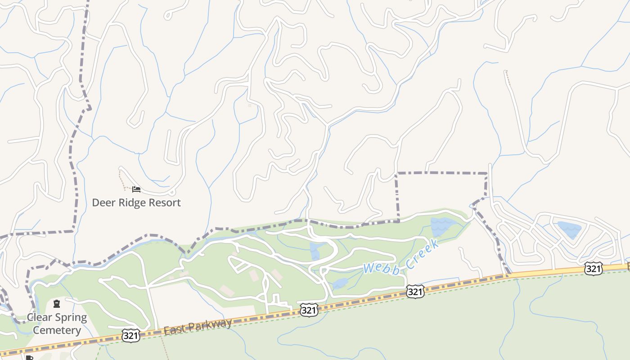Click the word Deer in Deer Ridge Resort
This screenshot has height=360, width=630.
pyautogui.click(x=103, y=202)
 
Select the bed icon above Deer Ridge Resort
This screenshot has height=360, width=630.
pyautogui.click(x=136, y=189)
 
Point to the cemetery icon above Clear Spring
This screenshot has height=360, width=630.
pyautogui.click(x=57, y=304)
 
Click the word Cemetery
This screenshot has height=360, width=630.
pyautogui.click(x=57, y=330)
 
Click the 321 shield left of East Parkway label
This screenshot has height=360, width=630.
pyautogui.click(x=130, y=335)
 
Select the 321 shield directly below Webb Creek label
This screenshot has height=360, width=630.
pyautogui.click(x=414, y=292)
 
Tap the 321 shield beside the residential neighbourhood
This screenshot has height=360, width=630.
pyautogui.click(x=594, y=269)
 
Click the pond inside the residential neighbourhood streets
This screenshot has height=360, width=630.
pyautogui.click(x=569, y=229)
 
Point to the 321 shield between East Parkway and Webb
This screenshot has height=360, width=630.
pyautogui.click(x=309, y=310)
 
